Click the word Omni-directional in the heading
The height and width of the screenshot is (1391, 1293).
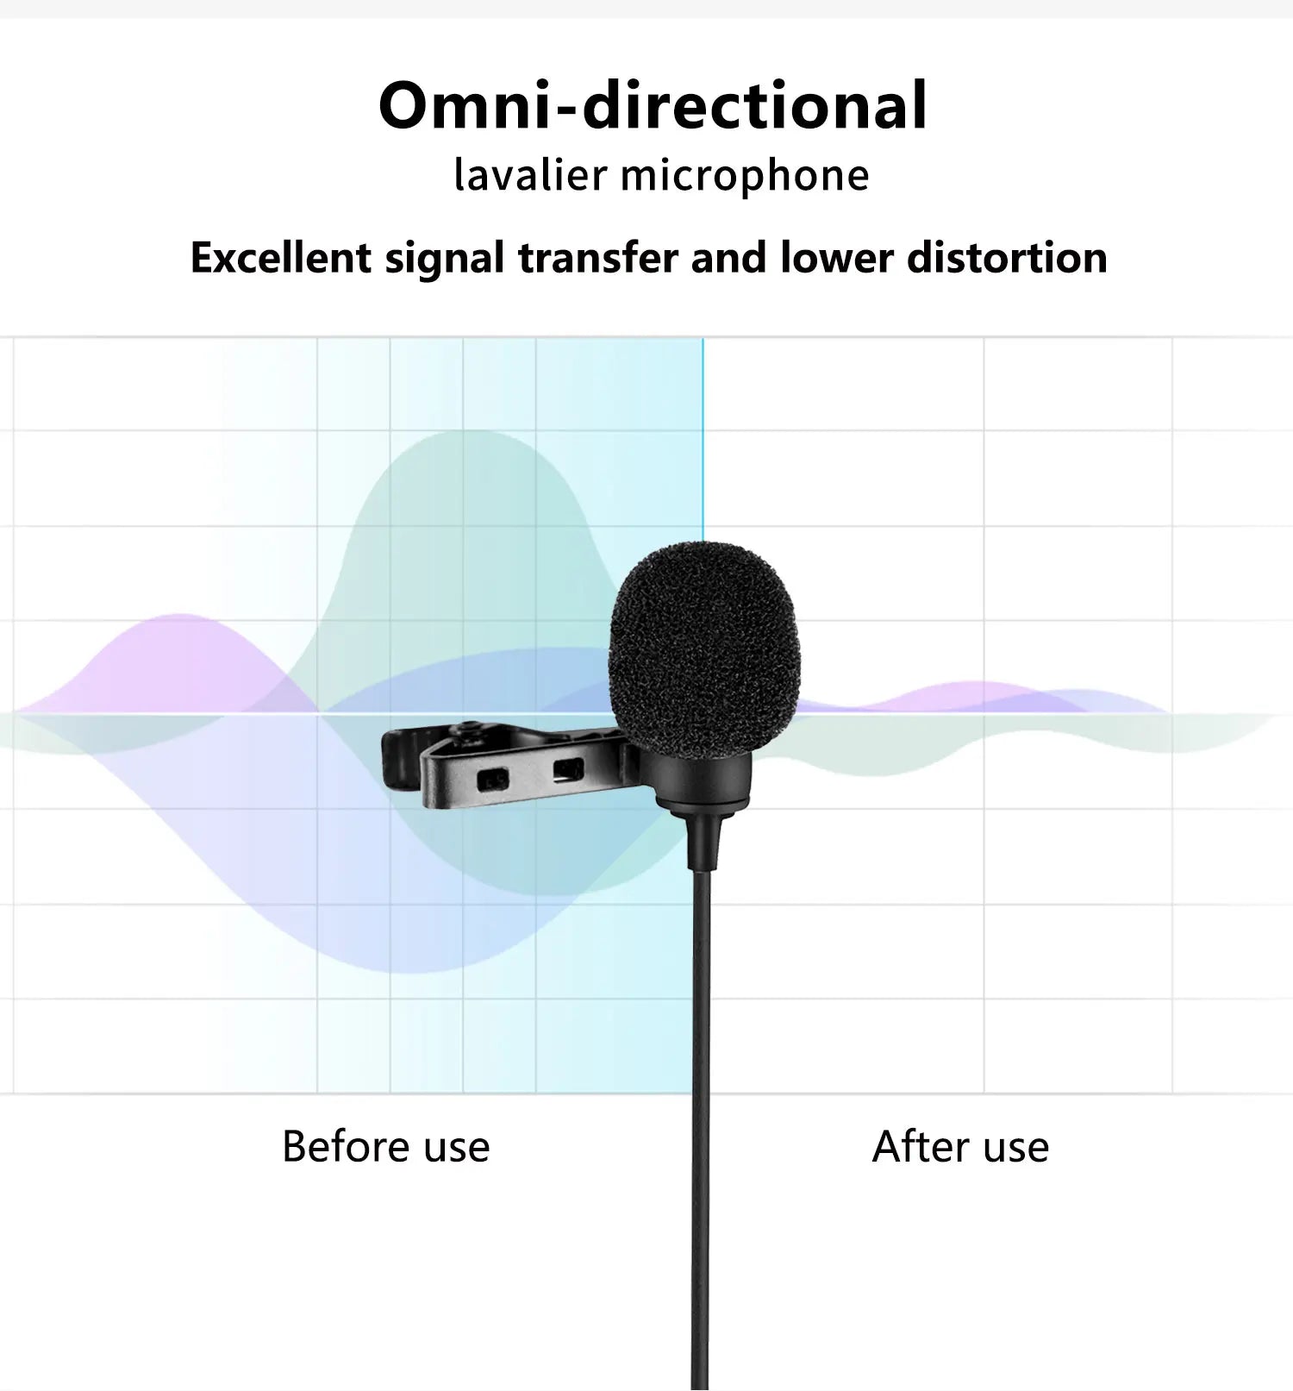[653, 106]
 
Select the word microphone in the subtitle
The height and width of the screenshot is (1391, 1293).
[744, 175]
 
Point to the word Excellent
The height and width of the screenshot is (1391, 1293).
[280, 258]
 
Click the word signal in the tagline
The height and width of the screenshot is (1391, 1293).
[444, 258]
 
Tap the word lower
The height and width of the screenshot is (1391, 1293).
[836, 258]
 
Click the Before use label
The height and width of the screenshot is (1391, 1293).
[385, 1147]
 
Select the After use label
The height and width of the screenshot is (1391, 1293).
[960, 1147]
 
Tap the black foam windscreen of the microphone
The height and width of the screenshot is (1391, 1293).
[704, 647]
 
